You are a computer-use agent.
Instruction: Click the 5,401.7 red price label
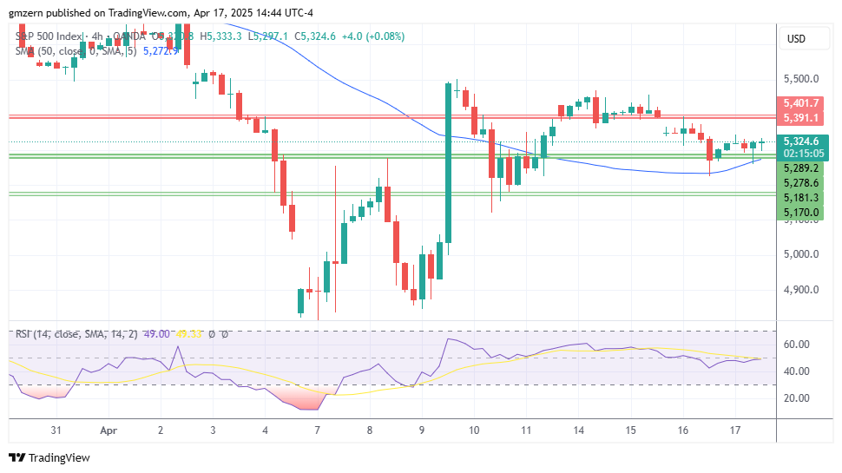coord(801,102)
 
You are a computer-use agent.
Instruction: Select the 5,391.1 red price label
coord(801,117)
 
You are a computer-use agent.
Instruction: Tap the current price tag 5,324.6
coord(801,141)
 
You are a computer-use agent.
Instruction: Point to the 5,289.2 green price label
coord(801,168)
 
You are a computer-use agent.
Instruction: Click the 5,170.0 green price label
coord(801,212)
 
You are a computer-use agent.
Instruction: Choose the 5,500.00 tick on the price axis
coord(801,78)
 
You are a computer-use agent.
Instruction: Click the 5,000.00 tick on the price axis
coord(801,254)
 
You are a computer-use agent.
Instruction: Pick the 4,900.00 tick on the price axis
coord(801,290)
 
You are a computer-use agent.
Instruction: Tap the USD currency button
coord(796,38)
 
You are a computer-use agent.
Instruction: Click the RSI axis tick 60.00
coord(797,345)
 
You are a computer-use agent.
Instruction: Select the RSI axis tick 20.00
coord(797,398)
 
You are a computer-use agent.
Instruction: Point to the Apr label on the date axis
coord(108,430)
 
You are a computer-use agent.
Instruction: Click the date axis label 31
coord(56,430)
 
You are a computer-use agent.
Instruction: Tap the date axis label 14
coord(579,430)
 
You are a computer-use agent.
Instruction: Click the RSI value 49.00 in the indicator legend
coord(157,334)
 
